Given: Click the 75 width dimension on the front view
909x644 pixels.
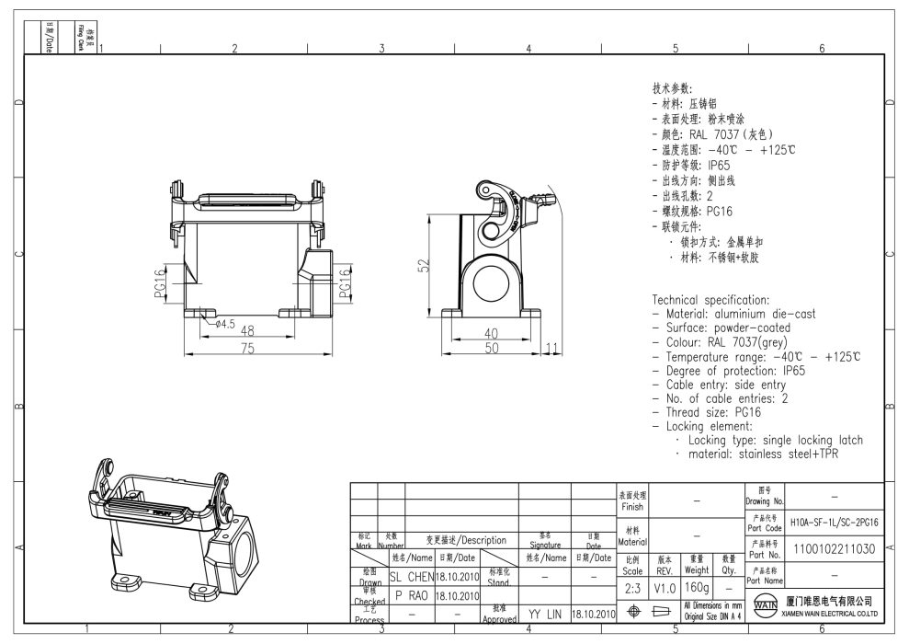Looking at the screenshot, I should [x=247, y=348].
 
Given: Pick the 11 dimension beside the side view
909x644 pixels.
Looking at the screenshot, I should [x=552, y=347].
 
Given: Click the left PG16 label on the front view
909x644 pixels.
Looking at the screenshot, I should [x=159, y=282].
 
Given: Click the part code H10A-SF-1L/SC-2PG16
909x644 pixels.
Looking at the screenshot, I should [x=834, y=522].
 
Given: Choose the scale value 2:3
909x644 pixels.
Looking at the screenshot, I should [x=632, y=587].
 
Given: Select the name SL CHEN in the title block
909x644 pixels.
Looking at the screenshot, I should [x=409, y=576].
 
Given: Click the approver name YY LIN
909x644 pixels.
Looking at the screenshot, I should [x=544, y=614].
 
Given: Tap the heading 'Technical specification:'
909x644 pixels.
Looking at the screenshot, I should [x=710, y=300].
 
